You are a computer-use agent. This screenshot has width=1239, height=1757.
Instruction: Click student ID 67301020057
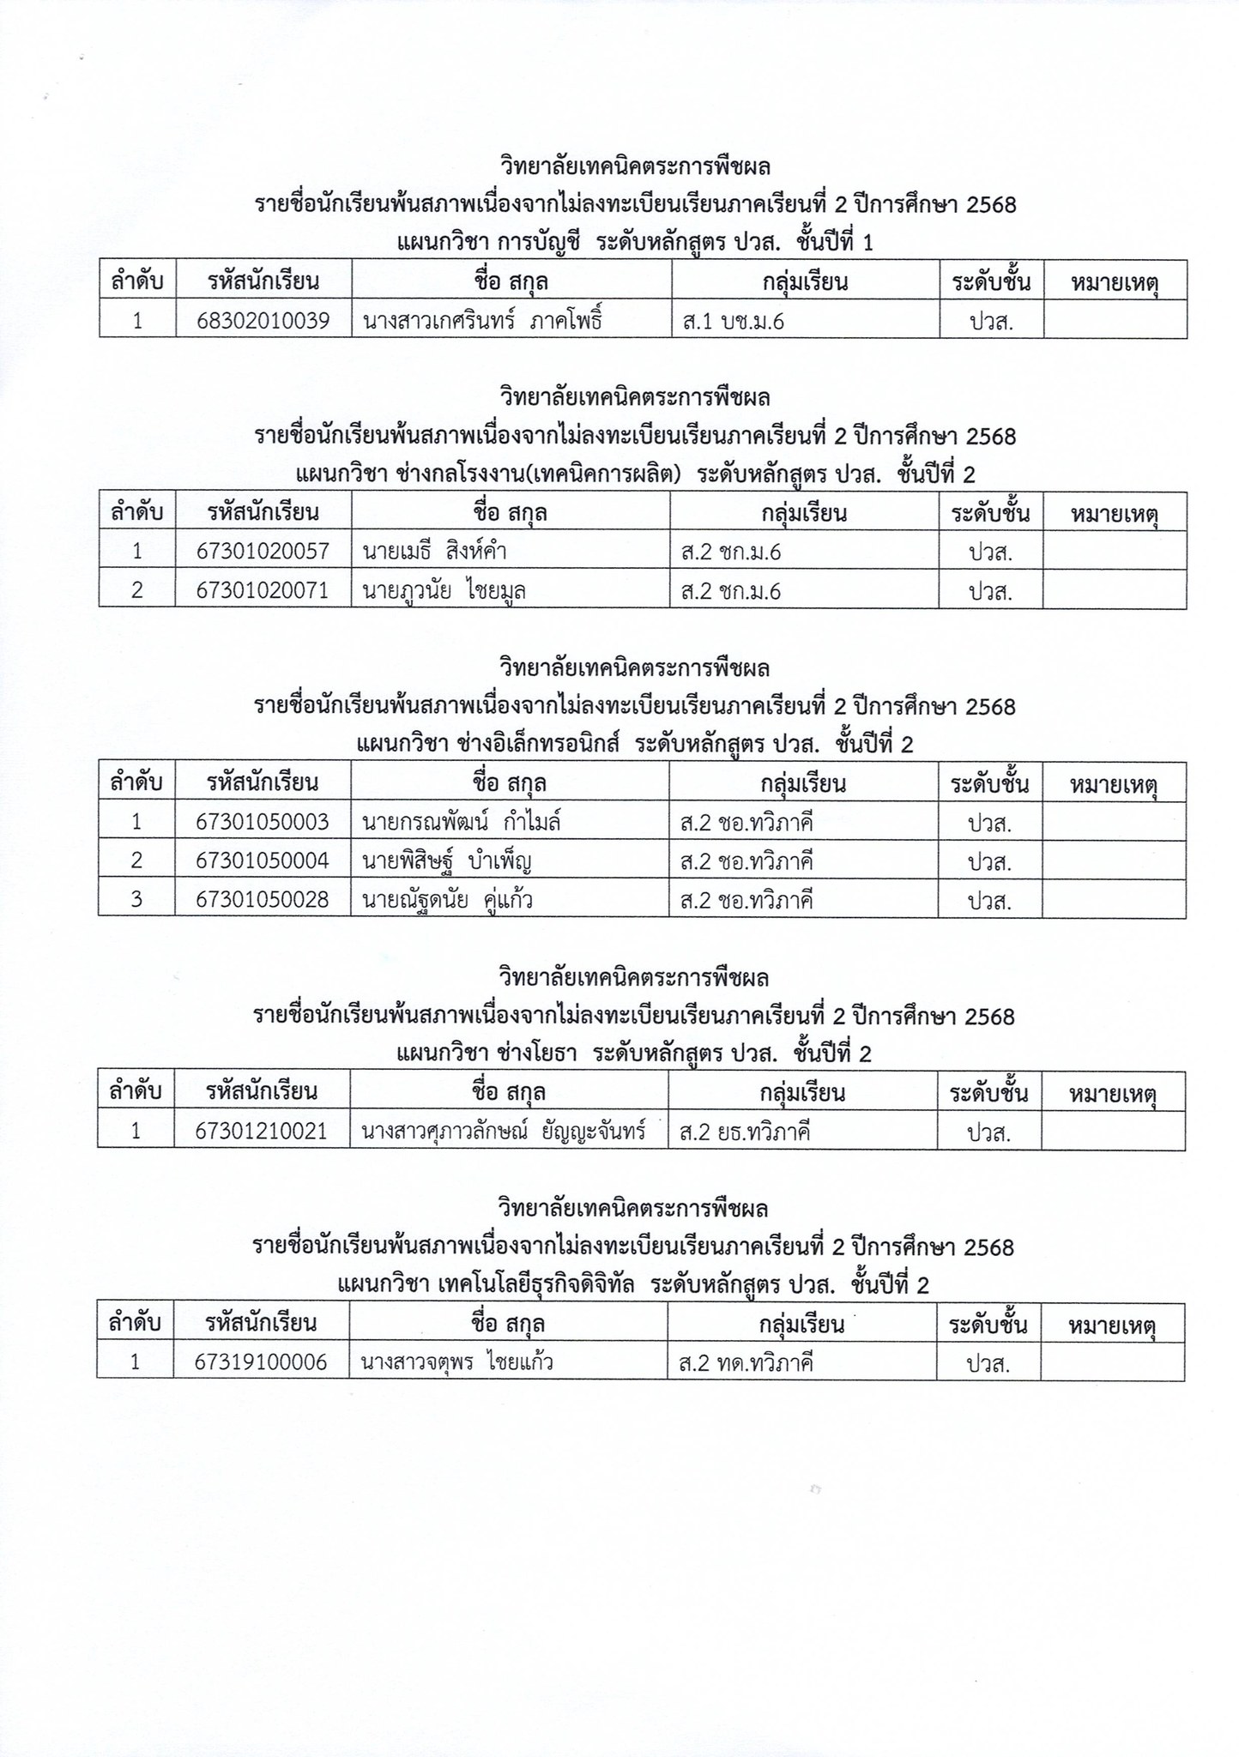(x=263, y=552)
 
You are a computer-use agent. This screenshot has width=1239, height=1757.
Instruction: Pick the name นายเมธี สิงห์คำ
(x=434, y=552)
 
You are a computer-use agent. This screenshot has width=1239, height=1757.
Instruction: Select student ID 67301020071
(x=263, y=591)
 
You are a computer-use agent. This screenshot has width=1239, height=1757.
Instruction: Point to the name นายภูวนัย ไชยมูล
(x=444, y=591)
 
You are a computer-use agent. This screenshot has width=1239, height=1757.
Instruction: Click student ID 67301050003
(x=263, y=823)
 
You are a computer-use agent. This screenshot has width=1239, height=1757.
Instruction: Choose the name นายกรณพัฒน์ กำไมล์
(x=462, y=823)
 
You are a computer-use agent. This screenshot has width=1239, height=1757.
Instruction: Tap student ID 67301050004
(x=263, y=861)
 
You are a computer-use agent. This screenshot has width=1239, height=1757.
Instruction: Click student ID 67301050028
(x=263, y=901)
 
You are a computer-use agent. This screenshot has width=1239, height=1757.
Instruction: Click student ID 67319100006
(x=262, y=1362)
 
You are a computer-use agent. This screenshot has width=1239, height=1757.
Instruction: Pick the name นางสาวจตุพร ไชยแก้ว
(x=456, y=1362)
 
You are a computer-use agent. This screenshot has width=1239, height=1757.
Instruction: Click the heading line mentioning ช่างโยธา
(x=634, y=1054)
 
